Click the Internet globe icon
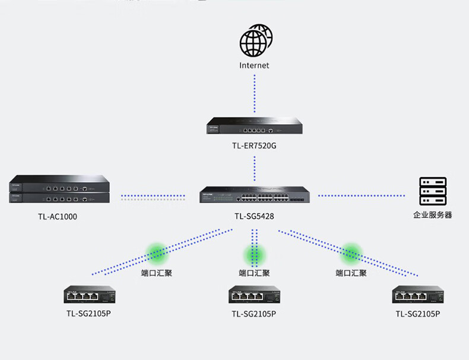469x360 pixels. [x=256, y=41]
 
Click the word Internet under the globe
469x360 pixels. [x=254, y=65]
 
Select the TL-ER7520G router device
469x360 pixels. [x=255, y=125]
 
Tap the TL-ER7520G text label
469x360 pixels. [x=254, y=146]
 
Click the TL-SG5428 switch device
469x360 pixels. [x=255, y=194]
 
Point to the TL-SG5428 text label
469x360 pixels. [x=254, y=216]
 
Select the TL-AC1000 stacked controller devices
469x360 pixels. [x=59, y=189]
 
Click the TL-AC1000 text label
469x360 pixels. [x=58, y=216]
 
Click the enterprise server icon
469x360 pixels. [x=433, y=191]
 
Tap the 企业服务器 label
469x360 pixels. [x=433, y=215]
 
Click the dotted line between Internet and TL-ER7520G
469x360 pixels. [x=255, y=94]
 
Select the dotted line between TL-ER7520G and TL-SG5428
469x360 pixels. [x=255, y=169]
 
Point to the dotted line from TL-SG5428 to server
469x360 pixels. [x=362, y=195]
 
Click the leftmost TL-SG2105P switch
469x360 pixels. [x=90, y=294]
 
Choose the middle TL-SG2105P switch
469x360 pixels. [x=254, y=295]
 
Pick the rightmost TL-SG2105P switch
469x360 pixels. [x=418, y=295]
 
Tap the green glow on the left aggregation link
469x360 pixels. [x=157, y=254]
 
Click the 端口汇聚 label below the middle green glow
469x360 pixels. [x=254, y=273]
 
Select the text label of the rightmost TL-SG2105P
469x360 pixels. [x=418, y=314]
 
